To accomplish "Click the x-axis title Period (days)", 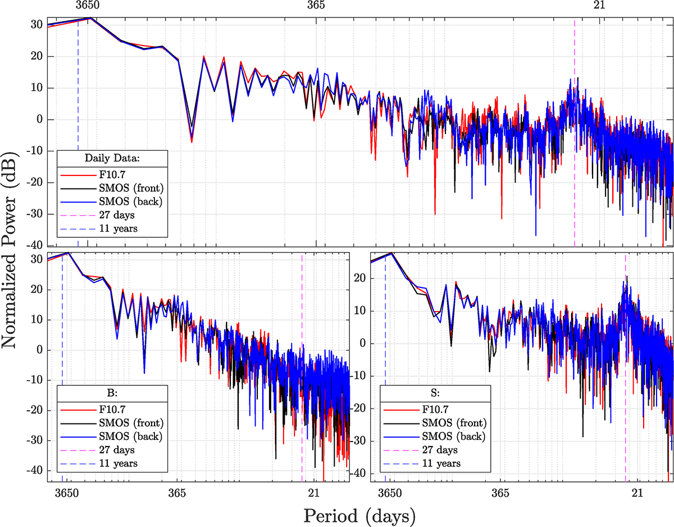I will (x=359, y=515).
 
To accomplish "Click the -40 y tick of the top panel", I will (x=37, y=246).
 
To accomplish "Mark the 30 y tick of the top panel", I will (x=38, y=25).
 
